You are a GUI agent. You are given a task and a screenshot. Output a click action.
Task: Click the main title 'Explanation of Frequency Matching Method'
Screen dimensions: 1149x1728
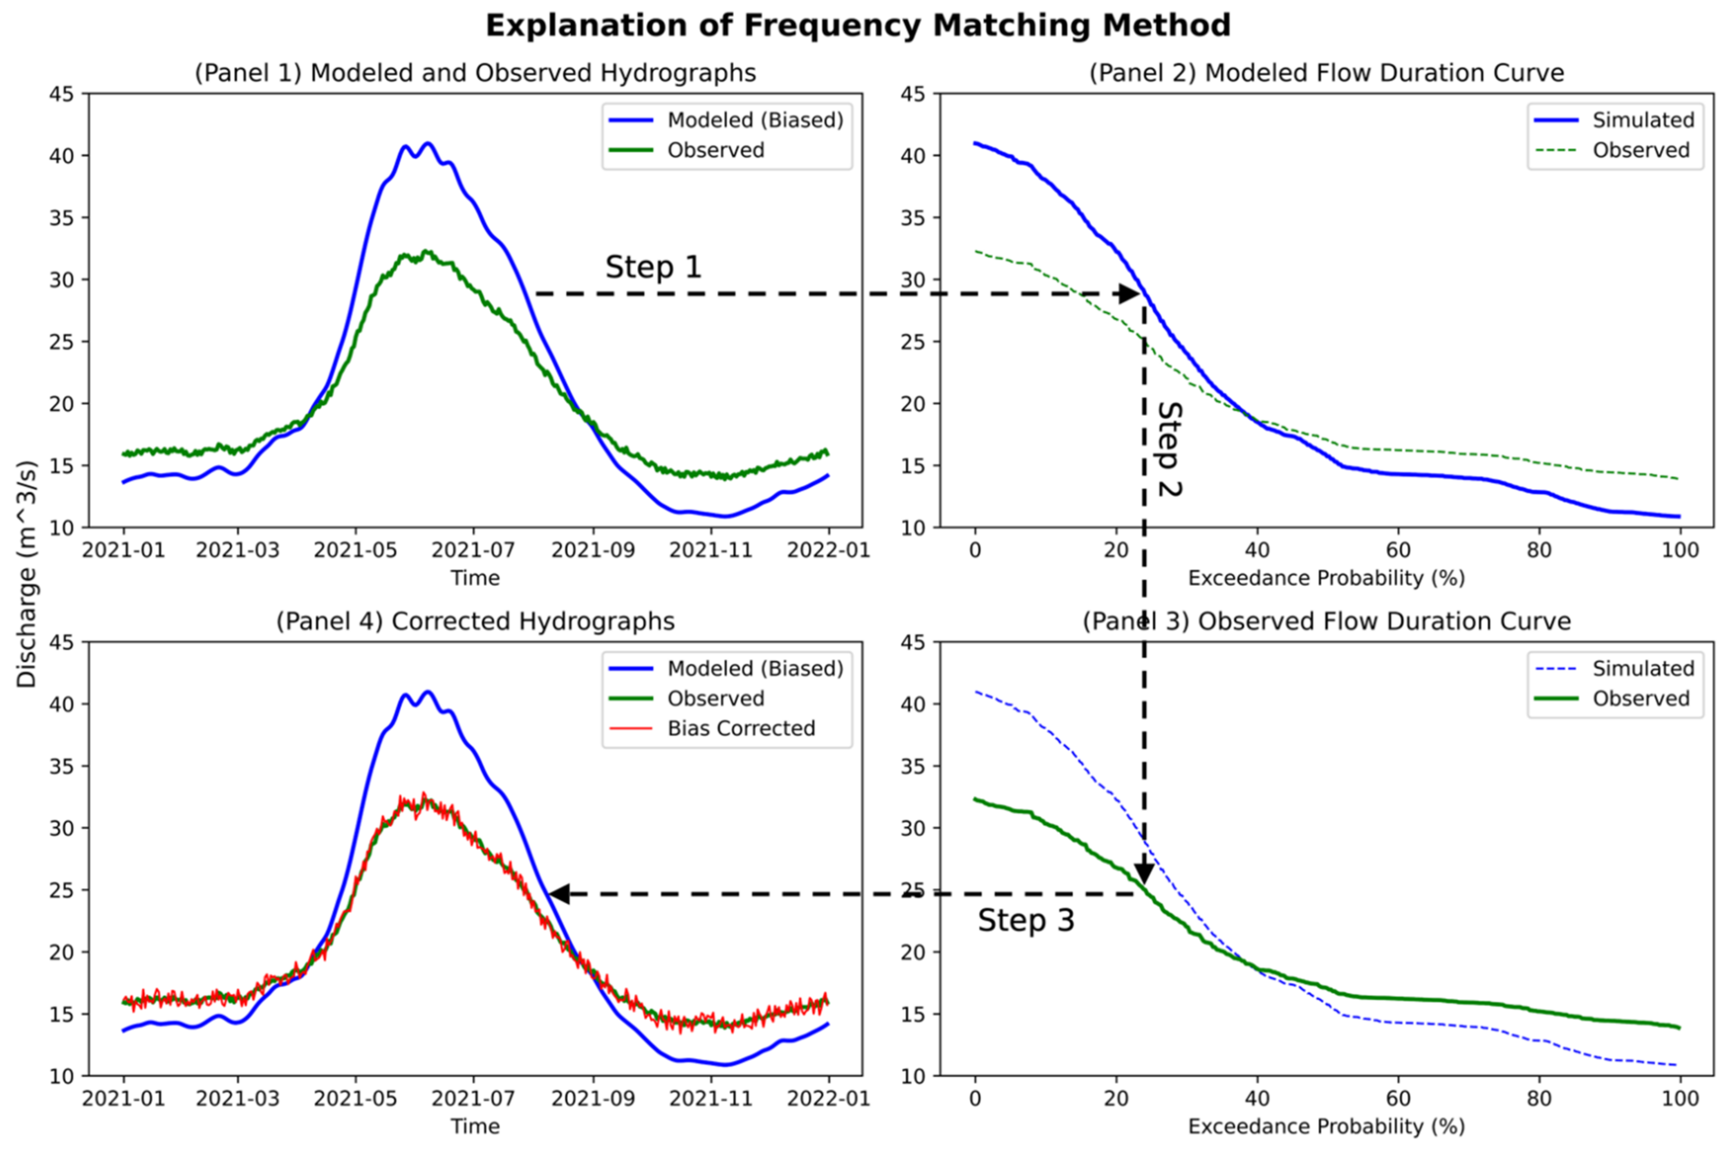coord(857,26)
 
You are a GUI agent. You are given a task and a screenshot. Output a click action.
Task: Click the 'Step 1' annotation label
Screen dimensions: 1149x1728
coord(653,267)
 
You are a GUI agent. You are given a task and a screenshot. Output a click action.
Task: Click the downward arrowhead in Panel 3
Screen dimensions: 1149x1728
coord(1144,874)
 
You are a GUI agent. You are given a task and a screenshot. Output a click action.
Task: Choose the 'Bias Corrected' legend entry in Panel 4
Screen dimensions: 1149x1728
coord(740,728)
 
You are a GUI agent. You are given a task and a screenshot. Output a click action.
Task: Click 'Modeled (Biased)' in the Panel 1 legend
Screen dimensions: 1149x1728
coord(755,120)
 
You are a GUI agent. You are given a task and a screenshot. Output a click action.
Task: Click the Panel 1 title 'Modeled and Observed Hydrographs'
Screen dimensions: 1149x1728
coord(475,73)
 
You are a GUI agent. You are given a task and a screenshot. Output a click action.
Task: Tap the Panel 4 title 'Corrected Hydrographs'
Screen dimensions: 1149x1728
coord(475,621)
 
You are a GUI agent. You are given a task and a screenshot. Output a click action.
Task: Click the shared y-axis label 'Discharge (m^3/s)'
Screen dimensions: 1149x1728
coord(27,574)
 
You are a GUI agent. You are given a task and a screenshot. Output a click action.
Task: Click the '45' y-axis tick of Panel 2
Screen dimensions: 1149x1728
coord(913,94)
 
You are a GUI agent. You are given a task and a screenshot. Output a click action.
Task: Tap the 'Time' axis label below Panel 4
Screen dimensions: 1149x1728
coord(475,1126)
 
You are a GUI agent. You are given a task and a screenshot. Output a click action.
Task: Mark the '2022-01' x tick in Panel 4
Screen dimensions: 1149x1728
coord(828,1098)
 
